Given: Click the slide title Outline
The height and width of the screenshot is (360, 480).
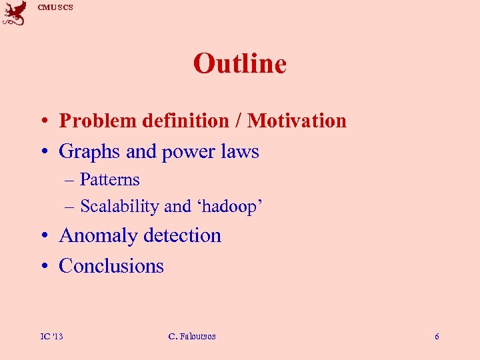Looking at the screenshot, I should click(x=239, y=64).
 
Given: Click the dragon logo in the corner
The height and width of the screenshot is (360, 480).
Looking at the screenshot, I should click(x=15, y=13).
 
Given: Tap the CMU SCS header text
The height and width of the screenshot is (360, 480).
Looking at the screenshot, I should click(x=55, y=7).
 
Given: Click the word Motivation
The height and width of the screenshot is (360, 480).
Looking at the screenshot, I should click(x=297, y=121).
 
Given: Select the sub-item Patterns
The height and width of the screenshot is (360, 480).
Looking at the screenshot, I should click(x=109, y=179).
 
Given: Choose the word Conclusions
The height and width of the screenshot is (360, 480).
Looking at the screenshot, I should click(x=111, y=265).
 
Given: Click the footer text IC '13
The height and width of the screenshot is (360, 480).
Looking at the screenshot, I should click(x=51, y=336).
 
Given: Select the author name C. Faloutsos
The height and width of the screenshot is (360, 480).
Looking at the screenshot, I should click(x=192, y=336).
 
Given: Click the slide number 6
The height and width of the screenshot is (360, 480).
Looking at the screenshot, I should click(x=437, y=336).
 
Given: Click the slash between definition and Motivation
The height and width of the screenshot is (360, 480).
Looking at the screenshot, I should click(x=238, y=121).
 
